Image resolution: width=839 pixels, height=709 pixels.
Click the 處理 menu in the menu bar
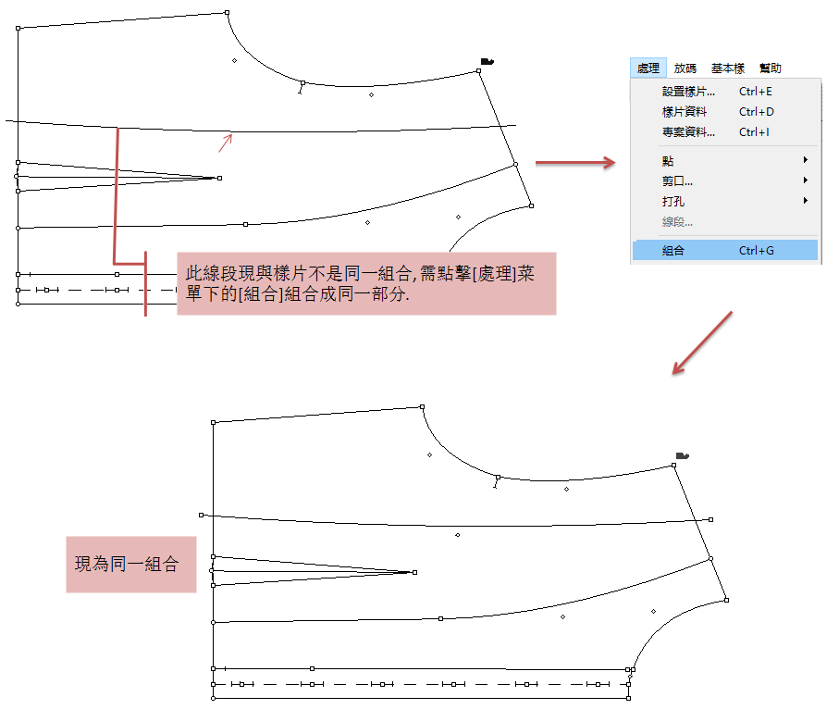648,68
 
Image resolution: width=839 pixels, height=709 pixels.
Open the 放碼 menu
685,68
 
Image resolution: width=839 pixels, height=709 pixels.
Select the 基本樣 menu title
727,68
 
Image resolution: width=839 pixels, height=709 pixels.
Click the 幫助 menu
770,68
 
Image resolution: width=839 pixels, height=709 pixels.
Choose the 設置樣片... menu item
688,92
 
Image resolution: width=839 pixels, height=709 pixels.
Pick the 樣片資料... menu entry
685,112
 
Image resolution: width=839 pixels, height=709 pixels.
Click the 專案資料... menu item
688,132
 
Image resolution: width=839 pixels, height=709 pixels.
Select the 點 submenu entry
668,161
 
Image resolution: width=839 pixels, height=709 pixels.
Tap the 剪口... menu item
677,180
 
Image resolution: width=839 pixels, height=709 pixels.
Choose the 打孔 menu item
673,201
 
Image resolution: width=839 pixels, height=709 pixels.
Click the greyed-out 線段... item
677,221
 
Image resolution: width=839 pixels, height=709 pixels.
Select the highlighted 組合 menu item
673,250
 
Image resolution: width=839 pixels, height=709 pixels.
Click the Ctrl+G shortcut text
756,250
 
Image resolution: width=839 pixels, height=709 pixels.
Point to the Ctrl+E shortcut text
756,92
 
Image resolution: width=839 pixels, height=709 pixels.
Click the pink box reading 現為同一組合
130,565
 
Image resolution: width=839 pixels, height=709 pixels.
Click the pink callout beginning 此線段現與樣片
366,283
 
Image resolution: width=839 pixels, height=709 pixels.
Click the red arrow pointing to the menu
575,164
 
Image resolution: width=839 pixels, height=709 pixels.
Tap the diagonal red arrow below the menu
702,343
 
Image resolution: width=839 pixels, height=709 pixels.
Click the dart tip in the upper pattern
218,178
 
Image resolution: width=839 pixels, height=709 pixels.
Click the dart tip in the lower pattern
413,573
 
